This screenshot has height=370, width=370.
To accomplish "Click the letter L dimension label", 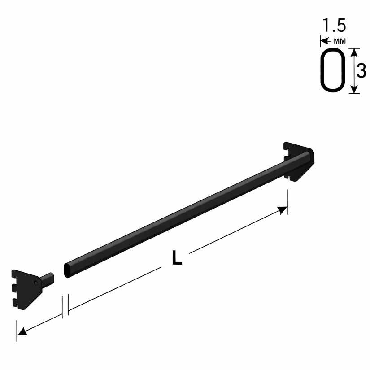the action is point(177,257).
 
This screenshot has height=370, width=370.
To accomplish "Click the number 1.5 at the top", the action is point(334,25).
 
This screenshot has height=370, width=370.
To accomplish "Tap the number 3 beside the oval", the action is point(361,70).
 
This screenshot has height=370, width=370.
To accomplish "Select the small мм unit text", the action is point(340,41).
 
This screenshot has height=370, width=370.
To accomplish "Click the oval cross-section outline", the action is point(321,70).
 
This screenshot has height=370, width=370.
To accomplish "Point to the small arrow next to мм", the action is point(326,41).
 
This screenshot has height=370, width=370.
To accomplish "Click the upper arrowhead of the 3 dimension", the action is point(353,52).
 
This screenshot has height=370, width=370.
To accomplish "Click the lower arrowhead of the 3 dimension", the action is point(353,89).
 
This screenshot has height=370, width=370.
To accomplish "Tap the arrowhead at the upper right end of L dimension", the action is point(282,209).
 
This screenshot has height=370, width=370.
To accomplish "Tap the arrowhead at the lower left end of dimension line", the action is point(22,331).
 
